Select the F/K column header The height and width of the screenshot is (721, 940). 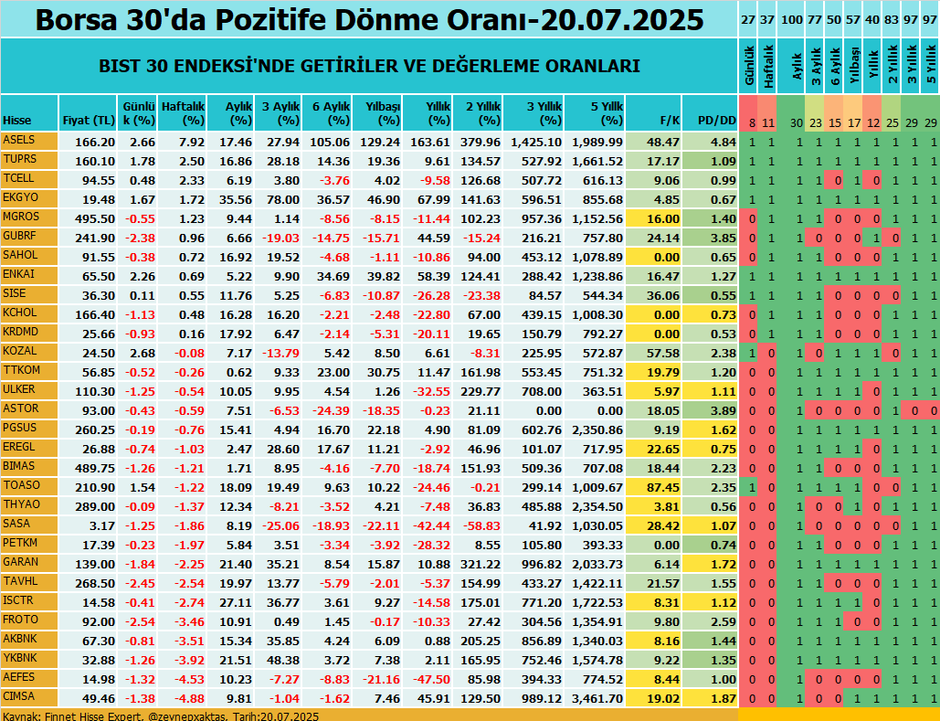click(x=668, y=120)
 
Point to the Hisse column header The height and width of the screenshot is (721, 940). click(x=16, y=120)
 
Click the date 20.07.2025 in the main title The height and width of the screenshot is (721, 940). click(x=622, y=19)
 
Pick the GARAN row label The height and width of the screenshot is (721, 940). click(x=21, y=564)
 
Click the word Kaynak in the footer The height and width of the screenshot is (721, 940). click(x=20, y=716)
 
